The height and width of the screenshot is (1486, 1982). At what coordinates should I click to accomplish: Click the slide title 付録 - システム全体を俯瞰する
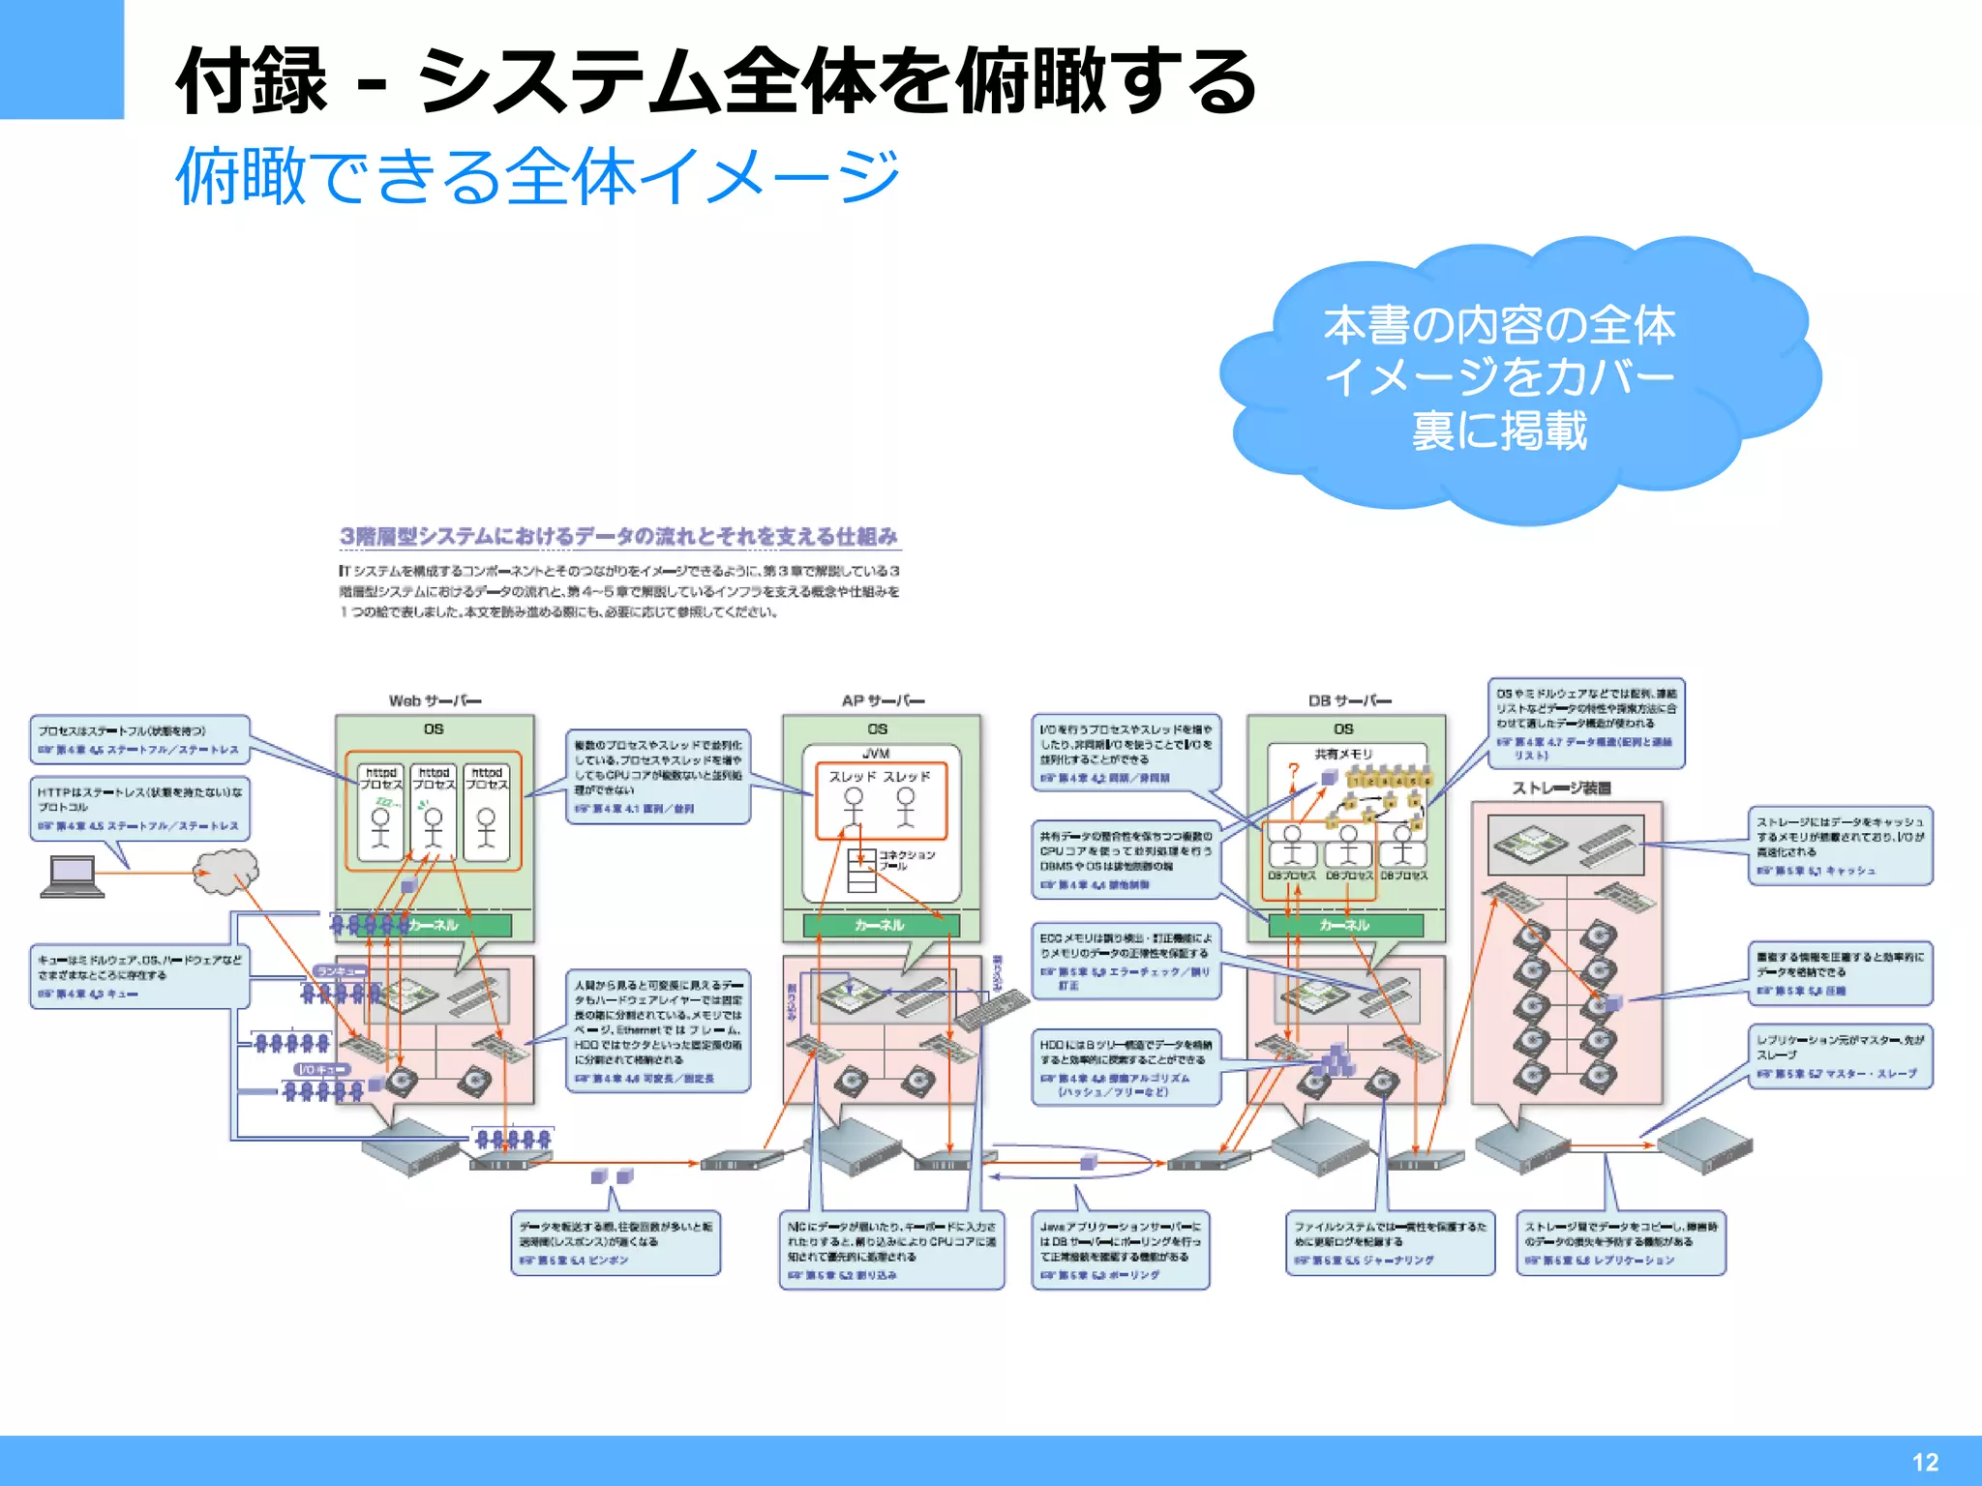pyautogui.click(x=716, y=81)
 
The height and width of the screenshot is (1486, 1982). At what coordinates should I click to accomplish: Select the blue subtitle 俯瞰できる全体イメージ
pyautogui.click(x=538, y=176)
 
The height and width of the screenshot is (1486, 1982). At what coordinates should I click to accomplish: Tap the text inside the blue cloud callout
pyautogui.click(x=1499, y=377)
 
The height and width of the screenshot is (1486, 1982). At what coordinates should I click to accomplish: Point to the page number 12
pyautogui.click(x=1925, y=1462)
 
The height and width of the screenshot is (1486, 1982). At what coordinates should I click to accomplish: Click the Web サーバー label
pyautogui.click(x=435, y=700)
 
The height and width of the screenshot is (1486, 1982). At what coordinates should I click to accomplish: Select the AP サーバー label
pyautogui.click(x=883, y=700)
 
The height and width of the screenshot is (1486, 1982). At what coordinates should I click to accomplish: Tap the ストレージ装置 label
pyautogui.click(x=1561, y=788)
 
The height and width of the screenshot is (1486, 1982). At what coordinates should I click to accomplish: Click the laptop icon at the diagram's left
pyautogui.click(x=72, y=877)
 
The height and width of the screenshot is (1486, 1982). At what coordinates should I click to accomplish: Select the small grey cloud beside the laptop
pyautogui.click(x=226, y=871)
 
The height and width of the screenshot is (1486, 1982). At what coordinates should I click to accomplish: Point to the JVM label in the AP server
pyautogui.click(x=876, y=753)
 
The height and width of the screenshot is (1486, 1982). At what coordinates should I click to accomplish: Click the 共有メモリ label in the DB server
pyautogui.click(x=1343, y=754)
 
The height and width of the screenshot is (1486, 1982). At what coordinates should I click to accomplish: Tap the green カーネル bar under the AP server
pyautogui.click(x=881, y=926)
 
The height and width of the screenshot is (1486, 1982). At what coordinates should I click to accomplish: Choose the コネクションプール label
pyautogui.click(x=907, y=860)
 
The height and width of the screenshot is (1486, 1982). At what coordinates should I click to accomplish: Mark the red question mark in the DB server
pyautogui.click(x=1293, y=771)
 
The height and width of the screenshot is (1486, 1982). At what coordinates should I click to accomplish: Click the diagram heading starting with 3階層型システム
pyautogui.click(x=619, y=536)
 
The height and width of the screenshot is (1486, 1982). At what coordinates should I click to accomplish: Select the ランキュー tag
pyautogui.click(x=340, y=970)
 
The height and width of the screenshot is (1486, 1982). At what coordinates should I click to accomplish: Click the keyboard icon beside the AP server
pyautogui.click(x=991, y=1012)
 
